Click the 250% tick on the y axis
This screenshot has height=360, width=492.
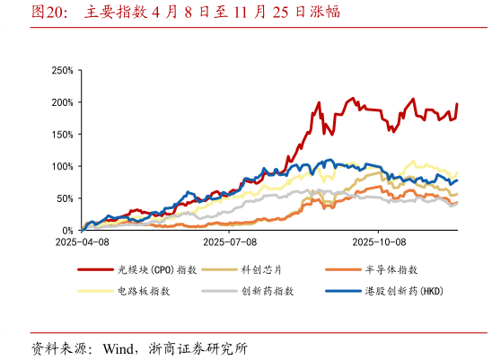click(62, 70)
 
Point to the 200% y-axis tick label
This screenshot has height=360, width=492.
click(62, 102)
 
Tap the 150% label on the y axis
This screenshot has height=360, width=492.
click(62, 135)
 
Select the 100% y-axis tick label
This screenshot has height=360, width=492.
click(62, 167)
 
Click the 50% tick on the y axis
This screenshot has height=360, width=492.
click(65, 198)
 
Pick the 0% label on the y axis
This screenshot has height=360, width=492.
click(67, 231)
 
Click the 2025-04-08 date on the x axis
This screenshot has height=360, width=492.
click(81, 242)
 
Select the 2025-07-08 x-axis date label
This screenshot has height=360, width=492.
click(231, 242)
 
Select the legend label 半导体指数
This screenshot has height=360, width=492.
click(391, 269)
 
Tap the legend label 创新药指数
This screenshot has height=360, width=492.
click(268, 291)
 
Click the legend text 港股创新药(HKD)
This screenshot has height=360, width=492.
click(404, 291)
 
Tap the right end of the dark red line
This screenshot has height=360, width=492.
click(457, 104)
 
